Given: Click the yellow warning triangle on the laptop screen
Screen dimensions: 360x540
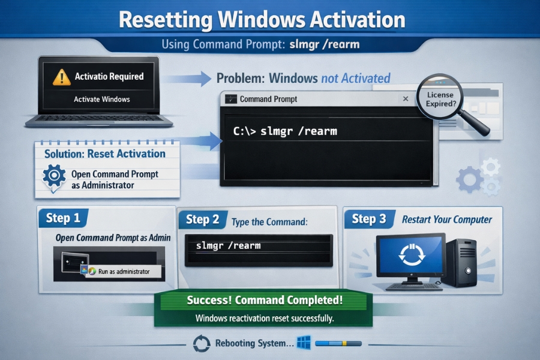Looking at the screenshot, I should (x=61, y=77).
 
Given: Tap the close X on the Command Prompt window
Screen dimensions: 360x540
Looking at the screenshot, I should (x=406, y=99).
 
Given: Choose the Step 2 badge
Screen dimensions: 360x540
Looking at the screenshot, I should (x=202, y=220).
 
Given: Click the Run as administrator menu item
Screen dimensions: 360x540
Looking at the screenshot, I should (x=123, y=271).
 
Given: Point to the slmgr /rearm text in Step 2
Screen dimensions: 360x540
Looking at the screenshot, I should (x=229, y=246).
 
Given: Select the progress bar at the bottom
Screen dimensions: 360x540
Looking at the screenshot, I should (x=338, y=344).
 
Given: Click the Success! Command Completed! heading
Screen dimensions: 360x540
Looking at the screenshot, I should (x=265, y=300).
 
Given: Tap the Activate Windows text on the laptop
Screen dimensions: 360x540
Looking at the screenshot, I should (x=101, y=99).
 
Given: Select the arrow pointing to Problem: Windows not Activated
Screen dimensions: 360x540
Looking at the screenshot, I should (x=188, y=79).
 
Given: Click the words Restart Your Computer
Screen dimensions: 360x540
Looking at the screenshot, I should (x=447, y=220).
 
